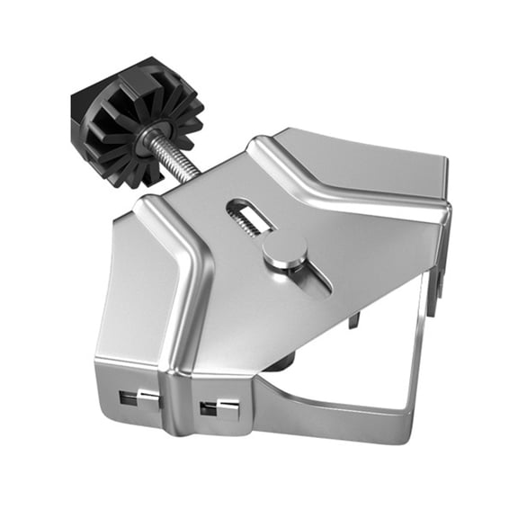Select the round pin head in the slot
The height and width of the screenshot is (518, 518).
[x=284, y=254]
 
